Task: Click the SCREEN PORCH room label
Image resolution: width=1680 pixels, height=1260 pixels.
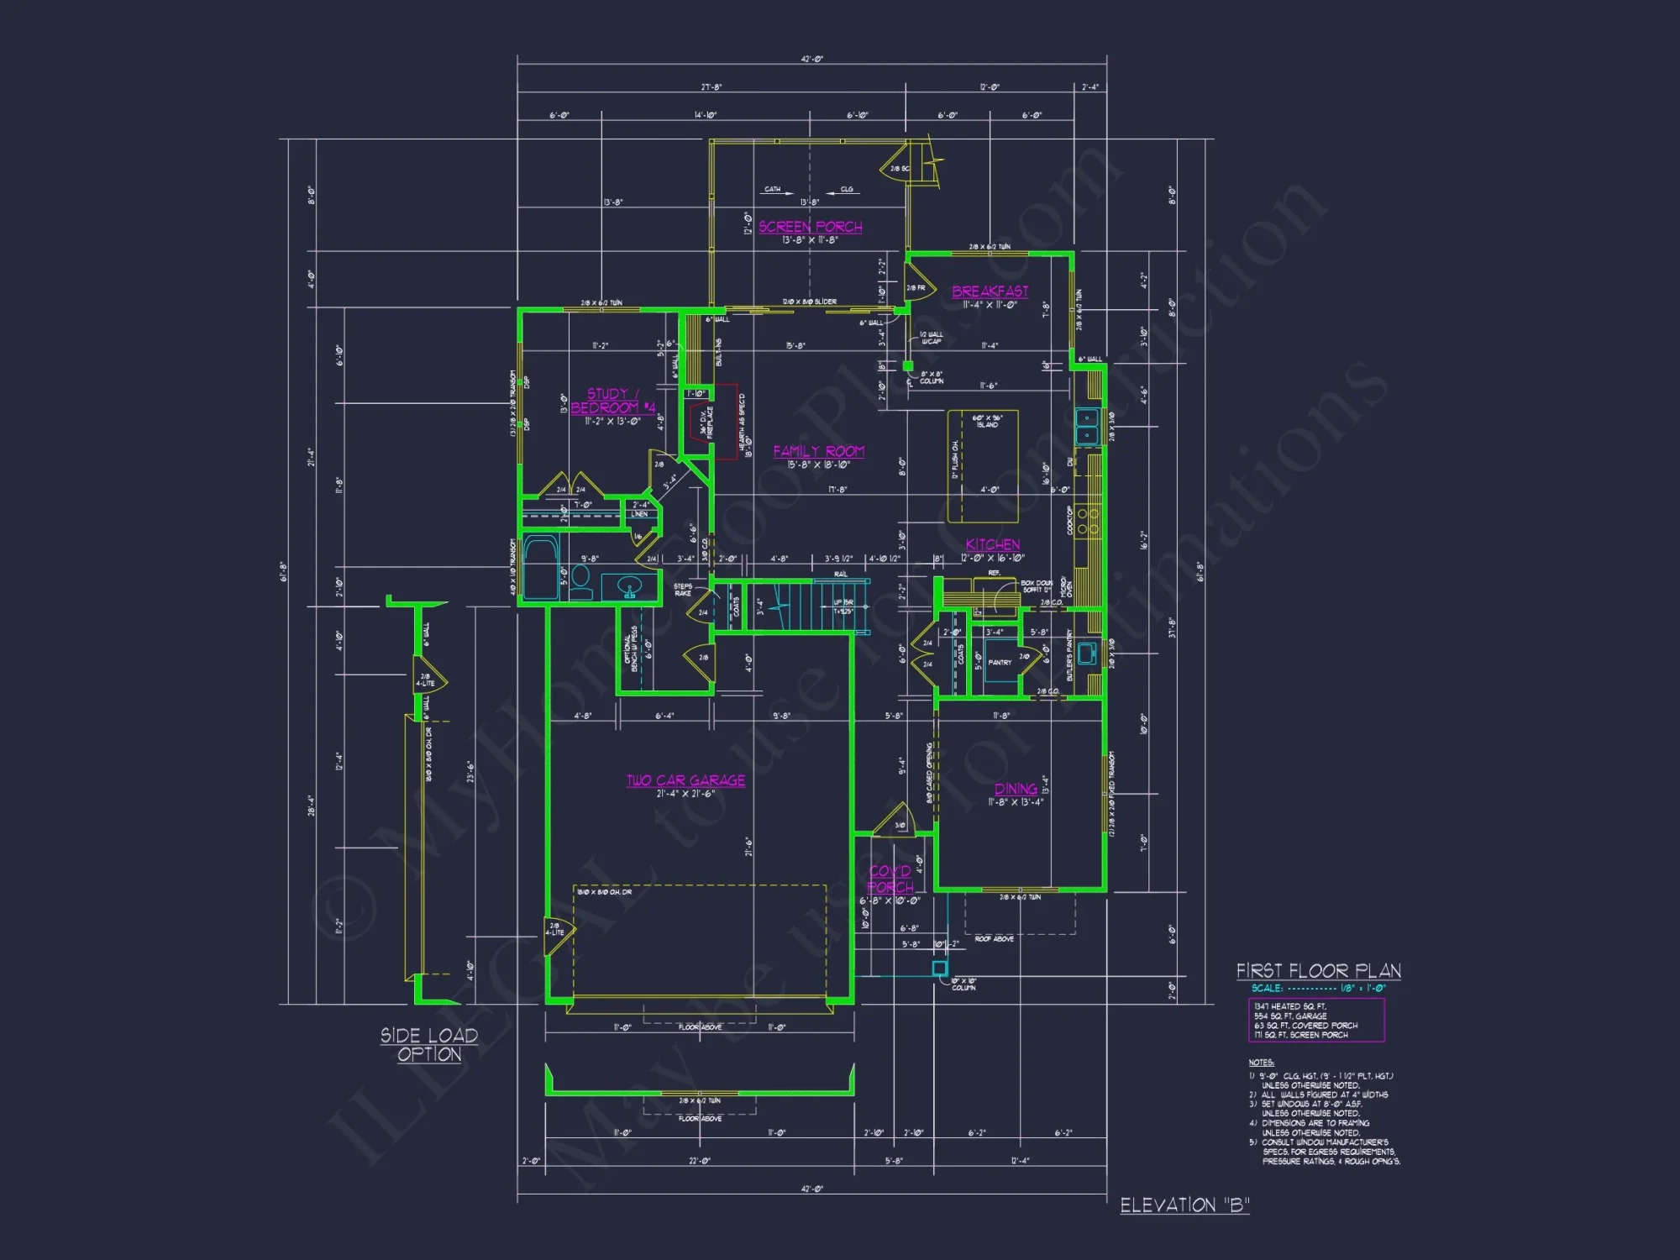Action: click(810, 227)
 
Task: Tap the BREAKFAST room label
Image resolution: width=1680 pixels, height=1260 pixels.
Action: click(990, 291)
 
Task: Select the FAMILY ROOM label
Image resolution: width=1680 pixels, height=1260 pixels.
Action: click(818, 451)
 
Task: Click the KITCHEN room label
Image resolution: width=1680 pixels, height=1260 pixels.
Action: click(992, 544)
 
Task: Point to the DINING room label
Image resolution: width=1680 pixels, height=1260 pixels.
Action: click(1016, 789)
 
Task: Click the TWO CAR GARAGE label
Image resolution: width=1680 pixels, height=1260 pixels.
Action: click(685, 780)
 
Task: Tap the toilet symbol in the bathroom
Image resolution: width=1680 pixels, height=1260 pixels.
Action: click(580, 583)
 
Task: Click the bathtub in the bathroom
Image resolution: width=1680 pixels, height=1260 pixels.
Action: click(541, 569)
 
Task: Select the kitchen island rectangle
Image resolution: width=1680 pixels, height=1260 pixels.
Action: click(983, 466)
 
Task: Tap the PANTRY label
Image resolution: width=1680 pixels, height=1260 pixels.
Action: click(1000, 663)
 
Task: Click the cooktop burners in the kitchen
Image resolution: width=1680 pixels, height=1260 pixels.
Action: click(1087, 521)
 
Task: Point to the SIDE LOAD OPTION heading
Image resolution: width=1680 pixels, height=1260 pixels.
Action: click(429, 1045)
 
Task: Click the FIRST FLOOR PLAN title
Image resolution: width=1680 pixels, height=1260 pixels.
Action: click(1318, 971)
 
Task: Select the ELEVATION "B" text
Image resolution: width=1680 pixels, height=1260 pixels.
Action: click(1184, 1205)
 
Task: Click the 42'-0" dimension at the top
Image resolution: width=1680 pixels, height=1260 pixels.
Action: click(811, 60)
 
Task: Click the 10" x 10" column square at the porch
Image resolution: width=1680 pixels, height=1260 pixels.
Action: click(940, 969)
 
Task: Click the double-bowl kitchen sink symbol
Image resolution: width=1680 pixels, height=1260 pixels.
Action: click(1087, 426)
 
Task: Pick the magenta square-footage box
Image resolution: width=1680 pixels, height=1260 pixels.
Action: click(1315, 1020)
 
